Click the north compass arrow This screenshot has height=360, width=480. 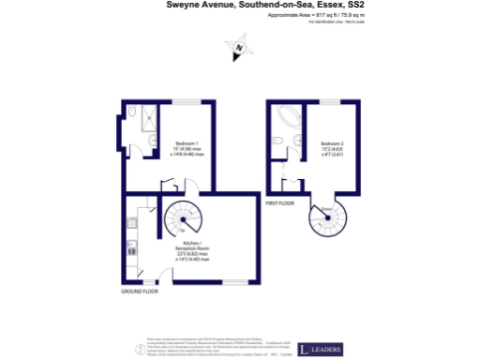coord(239,48)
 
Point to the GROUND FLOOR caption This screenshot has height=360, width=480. coord(139,292)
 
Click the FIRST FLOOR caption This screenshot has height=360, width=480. coord(279,202)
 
